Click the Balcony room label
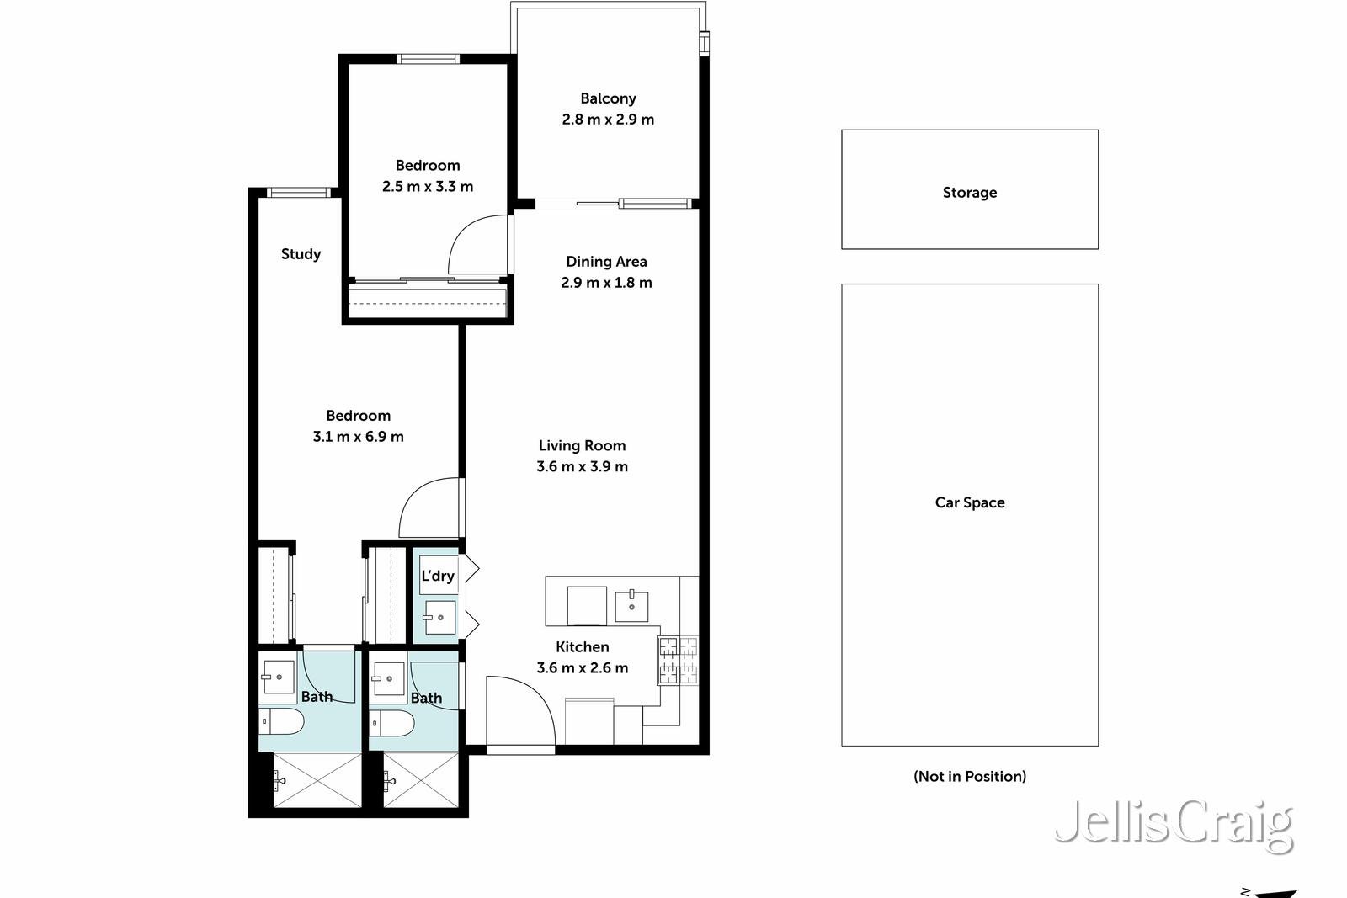point(608,98)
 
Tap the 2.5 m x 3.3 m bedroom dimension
point(428,187)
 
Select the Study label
point(301,254)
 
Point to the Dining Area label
point(606,262)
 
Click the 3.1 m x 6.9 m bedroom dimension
point(358,437)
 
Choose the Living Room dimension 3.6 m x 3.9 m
point(582,467)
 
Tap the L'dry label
point(438,576)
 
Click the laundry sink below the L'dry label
point(439,618)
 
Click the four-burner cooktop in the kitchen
point(678,660)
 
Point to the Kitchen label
point(582,647)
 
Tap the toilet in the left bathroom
point(281,721)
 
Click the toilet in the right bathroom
point(392,722)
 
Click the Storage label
point(969,193)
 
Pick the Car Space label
point(969,502)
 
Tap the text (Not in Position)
point(969,776)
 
